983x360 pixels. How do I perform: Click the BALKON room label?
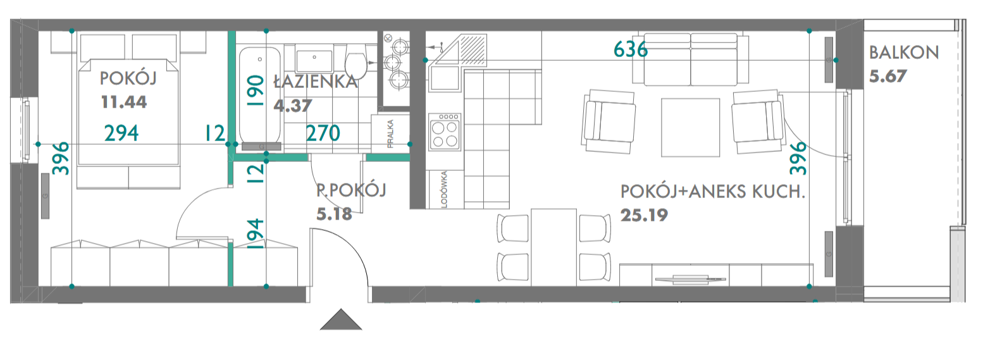903,53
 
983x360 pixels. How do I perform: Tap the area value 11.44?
124,102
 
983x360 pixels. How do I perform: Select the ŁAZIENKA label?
316,82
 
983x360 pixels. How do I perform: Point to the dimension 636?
631,49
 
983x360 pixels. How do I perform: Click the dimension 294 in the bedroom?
121,133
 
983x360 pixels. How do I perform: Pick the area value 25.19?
644,215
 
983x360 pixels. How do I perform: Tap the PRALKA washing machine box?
390,134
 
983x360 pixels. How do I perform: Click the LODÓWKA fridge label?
444,189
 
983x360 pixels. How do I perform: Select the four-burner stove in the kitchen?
444,131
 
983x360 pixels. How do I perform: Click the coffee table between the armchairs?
690,128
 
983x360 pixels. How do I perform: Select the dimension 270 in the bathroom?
323,133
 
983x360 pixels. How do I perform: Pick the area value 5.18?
335,214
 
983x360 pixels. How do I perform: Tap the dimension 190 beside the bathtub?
255,91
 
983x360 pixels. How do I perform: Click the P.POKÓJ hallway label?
351,190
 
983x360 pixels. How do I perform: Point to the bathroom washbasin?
314,61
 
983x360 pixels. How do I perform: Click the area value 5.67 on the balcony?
887,77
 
